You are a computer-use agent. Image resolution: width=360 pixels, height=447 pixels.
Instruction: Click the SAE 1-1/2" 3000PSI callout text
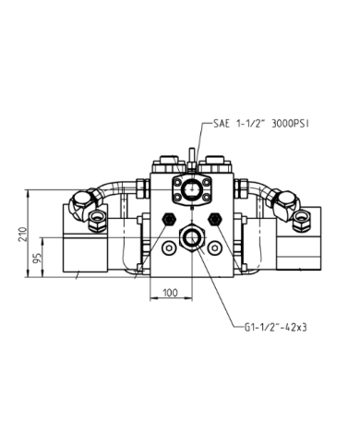(261, 124)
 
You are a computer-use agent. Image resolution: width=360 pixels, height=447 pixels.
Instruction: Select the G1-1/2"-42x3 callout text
(276, 327)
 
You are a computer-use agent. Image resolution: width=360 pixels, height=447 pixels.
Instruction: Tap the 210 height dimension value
(23, 235)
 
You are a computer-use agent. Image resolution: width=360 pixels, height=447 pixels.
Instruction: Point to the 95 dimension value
(37, 258)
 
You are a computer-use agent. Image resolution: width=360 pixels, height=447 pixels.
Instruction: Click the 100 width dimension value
(170, 293)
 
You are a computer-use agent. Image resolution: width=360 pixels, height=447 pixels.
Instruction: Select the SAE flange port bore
(190, 189)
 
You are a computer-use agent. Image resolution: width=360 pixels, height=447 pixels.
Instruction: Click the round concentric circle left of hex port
(169, 248)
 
